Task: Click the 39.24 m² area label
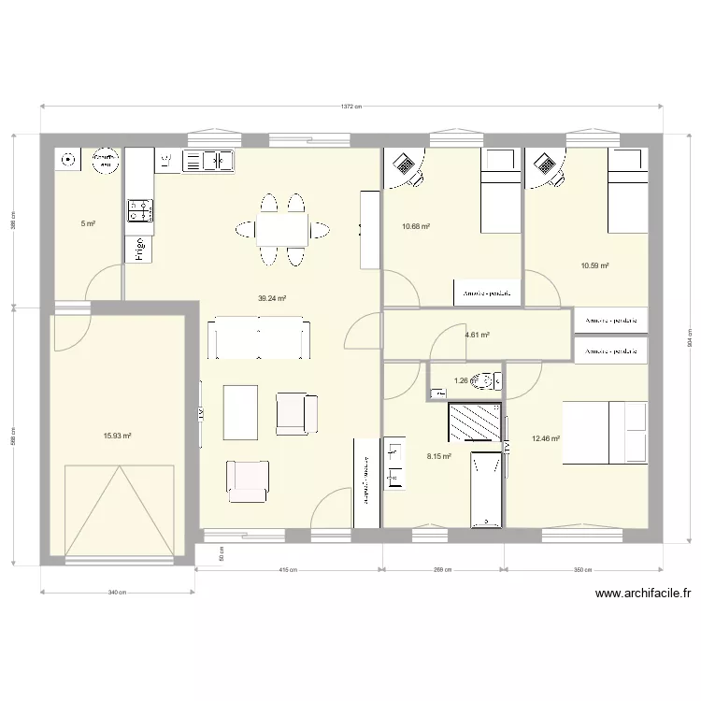272,299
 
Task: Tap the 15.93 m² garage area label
117,436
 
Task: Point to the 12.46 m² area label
545,437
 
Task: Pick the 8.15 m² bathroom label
439,456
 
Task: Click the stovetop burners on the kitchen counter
139,209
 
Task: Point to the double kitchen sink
208,161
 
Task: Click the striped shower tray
475,421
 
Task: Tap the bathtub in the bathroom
486,488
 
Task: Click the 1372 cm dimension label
350,107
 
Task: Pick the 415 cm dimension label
288,570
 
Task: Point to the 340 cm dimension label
117,593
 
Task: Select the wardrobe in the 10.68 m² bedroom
486,293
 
